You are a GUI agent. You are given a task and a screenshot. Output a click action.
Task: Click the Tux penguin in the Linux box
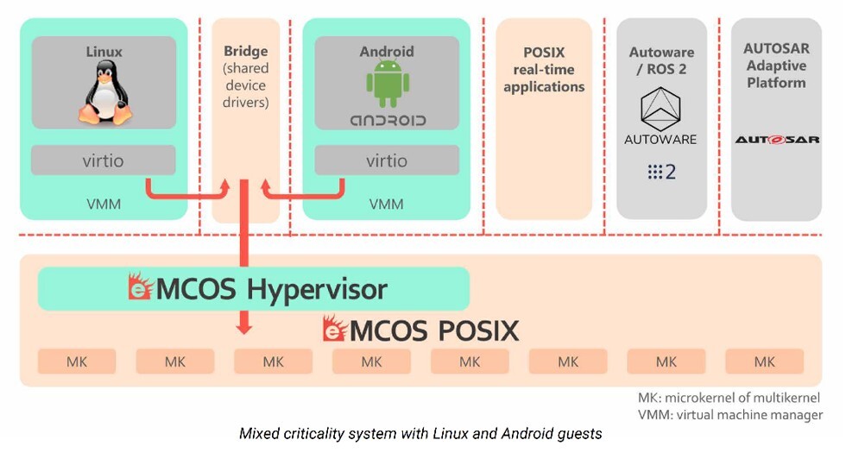tap(104, 93)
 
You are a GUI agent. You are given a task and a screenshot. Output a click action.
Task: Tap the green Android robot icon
tap(387, 85)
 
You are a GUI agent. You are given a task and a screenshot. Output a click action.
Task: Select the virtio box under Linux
tap(104, 160)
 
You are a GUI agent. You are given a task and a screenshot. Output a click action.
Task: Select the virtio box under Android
tap(387, 160)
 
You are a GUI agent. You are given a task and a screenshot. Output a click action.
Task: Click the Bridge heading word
tap(246, 51)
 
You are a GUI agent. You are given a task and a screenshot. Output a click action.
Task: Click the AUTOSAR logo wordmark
tap(776, 139)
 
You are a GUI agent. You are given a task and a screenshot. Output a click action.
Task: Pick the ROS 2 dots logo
tap(660, 173)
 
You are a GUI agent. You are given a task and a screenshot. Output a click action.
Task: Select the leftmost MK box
tap(77, 362)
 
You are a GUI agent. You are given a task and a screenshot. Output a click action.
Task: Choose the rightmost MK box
tap(764, 362)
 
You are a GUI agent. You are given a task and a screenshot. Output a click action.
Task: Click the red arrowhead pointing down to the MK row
tap(245, 328)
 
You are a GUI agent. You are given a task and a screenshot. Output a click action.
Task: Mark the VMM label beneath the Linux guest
tap(104, 204)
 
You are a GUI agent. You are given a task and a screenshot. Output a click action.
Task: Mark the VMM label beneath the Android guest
tap(387, 204)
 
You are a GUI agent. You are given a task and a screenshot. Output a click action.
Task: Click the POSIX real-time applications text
tap(544, 69)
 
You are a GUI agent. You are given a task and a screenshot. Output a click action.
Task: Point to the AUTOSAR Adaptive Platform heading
tap(776, 66)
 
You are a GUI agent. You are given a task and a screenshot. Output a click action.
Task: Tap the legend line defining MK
tap(729, 399)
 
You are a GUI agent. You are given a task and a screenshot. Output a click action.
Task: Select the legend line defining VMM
tap(729, 415)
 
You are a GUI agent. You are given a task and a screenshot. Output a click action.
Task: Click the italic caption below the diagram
tap(420, 434)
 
